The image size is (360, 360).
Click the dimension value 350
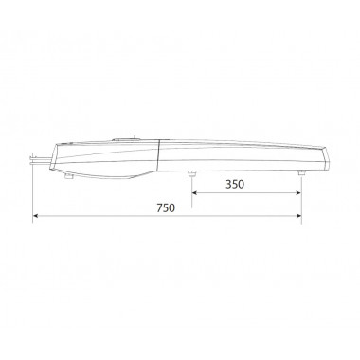(235, 184)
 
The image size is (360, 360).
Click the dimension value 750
(166, 207)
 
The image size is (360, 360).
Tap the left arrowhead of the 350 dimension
(195, 192)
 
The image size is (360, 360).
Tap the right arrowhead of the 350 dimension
(298, 192)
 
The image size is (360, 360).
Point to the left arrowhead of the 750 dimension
(36, 216)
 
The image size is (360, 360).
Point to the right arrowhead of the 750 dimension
(298, 216)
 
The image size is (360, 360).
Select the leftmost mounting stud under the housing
(69, 176)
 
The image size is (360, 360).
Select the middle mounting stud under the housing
(191, 174)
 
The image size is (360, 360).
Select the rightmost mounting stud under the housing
(301, 173)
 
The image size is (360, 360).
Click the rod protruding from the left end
(42, 160)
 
